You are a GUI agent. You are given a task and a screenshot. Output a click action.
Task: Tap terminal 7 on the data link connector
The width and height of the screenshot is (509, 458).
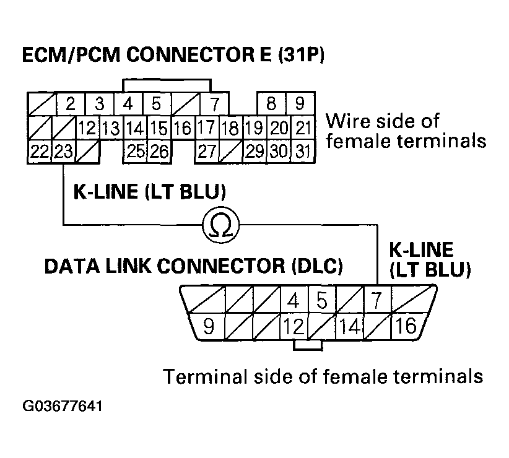pos(374,301)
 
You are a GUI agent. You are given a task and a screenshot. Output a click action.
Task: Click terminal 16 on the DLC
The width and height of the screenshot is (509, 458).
pos(407,325)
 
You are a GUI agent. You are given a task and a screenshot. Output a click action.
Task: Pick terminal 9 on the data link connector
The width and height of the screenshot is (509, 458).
pos(209,325)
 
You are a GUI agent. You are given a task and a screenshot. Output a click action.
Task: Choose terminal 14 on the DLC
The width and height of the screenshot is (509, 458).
pos(350,325)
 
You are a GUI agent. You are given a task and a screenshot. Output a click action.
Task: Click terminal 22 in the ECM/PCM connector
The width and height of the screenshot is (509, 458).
pos(40,151)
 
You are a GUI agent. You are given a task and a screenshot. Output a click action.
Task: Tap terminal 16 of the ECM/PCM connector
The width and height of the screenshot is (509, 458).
pos(182,129)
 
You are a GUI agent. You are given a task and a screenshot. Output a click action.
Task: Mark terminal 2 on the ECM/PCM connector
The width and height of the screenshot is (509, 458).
pos(70,103)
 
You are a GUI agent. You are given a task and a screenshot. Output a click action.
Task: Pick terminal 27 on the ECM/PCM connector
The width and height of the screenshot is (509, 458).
pos(207,151)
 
